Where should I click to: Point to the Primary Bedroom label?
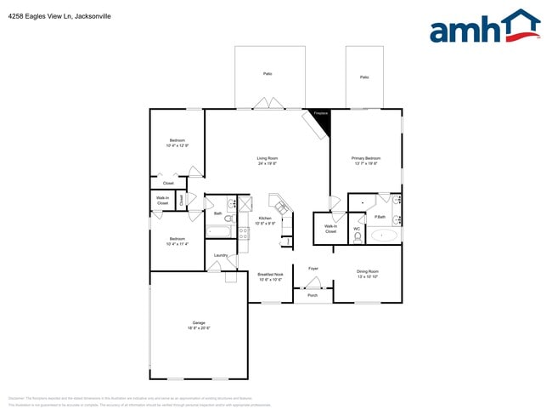[366, 161]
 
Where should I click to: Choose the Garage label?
[199, 325]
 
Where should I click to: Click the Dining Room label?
[367, 274]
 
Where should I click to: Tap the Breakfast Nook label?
[270, 276]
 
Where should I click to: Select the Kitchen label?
[266, 220]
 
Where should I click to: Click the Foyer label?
[313, 268]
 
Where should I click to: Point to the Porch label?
[313, 295]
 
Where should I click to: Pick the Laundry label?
[219, 255]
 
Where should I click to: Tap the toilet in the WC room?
[358, 236]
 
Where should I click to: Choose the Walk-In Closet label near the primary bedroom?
[330, 229]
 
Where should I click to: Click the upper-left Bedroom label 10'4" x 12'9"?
[177, 143]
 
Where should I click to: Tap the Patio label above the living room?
[268, 74]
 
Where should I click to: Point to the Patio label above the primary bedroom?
[364, 77]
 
